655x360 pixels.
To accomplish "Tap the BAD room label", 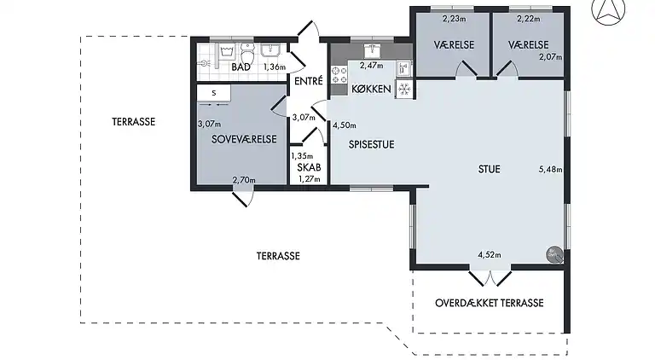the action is point(241,67).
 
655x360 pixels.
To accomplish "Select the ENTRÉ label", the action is point(309,80).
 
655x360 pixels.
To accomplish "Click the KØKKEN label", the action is point(371,89).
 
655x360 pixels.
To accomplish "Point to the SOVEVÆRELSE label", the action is point(244,139).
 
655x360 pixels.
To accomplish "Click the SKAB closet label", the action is point(309,167).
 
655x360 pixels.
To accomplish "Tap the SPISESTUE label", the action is point(371,144).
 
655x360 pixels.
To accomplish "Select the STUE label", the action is point(490,169).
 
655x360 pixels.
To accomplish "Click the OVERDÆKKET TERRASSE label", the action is point(490,303).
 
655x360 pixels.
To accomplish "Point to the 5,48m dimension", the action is point(551,170).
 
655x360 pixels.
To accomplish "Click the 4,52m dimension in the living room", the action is point(490,255).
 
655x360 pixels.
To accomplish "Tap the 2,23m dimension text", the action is point(454,19).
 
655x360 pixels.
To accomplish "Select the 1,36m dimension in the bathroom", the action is point(275,67).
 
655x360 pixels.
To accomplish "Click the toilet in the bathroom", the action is point(247,53).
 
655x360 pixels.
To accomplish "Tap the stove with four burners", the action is point(339,75).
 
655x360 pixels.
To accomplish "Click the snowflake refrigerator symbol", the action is point(404,90).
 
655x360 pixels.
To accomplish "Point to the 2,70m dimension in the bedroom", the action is point(244,180).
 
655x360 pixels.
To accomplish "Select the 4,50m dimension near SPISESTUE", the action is point(345,125).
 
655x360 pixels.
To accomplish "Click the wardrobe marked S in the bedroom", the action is point(213,93).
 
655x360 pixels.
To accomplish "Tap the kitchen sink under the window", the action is point(372,50).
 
